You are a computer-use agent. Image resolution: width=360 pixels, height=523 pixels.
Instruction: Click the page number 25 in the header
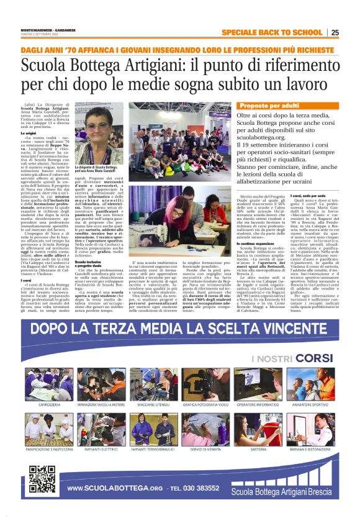tap(335, 32)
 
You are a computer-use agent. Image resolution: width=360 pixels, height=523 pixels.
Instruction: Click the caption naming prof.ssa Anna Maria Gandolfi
tap(96, 170)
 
